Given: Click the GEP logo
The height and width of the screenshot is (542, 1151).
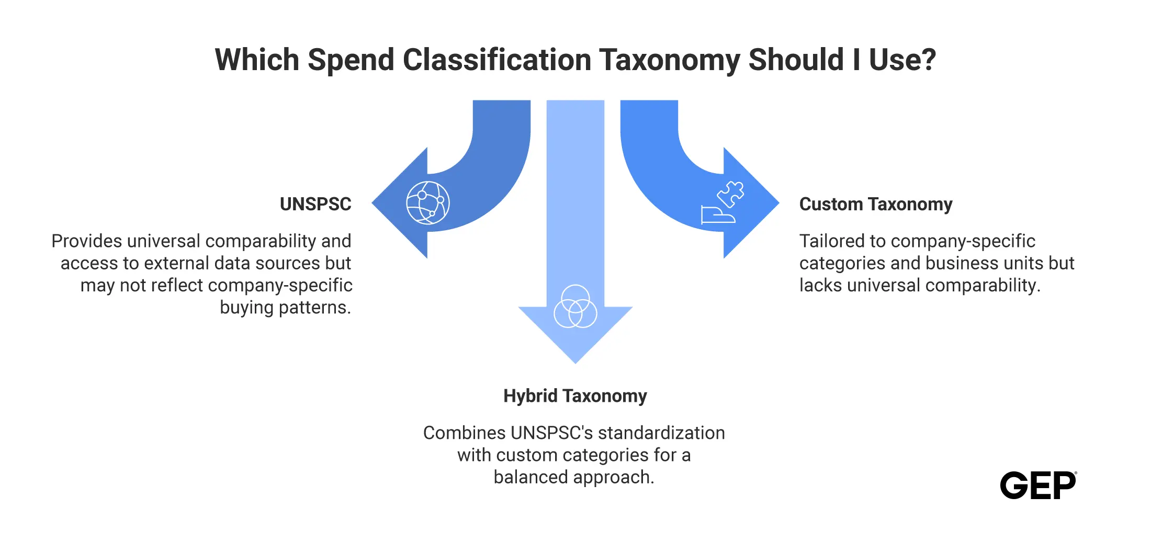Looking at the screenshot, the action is pos(1039,485).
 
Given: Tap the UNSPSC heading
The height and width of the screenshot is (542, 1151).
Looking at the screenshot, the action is pos(315,204).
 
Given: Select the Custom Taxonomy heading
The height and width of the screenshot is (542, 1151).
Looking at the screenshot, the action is pos(876,204).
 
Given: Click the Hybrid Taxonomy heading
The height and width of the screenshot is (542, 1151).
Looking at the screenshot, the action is pos(575,396).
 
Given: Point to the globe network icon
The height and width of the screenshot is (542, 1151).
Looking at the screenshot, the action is pos(428,203).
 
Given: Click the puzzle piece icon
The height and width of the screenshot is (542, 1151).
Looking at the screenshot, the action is pos(730,194).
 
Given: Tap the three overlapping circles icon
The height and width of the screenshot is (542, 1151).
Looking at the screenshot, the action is pos(575,306).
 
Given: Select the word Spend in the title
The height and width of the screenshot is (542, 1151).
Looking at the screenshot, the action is pos(351,60).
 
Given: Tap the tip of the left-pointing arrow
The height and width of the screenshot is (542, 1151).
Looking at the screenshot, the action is pos(372,203).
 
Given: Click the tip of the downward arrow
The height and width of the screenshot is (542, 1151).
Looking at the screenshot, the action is pos(575,364).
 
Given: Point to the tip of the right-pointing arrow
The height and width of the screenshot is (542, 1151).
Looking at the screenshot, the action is pos(779,203).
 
